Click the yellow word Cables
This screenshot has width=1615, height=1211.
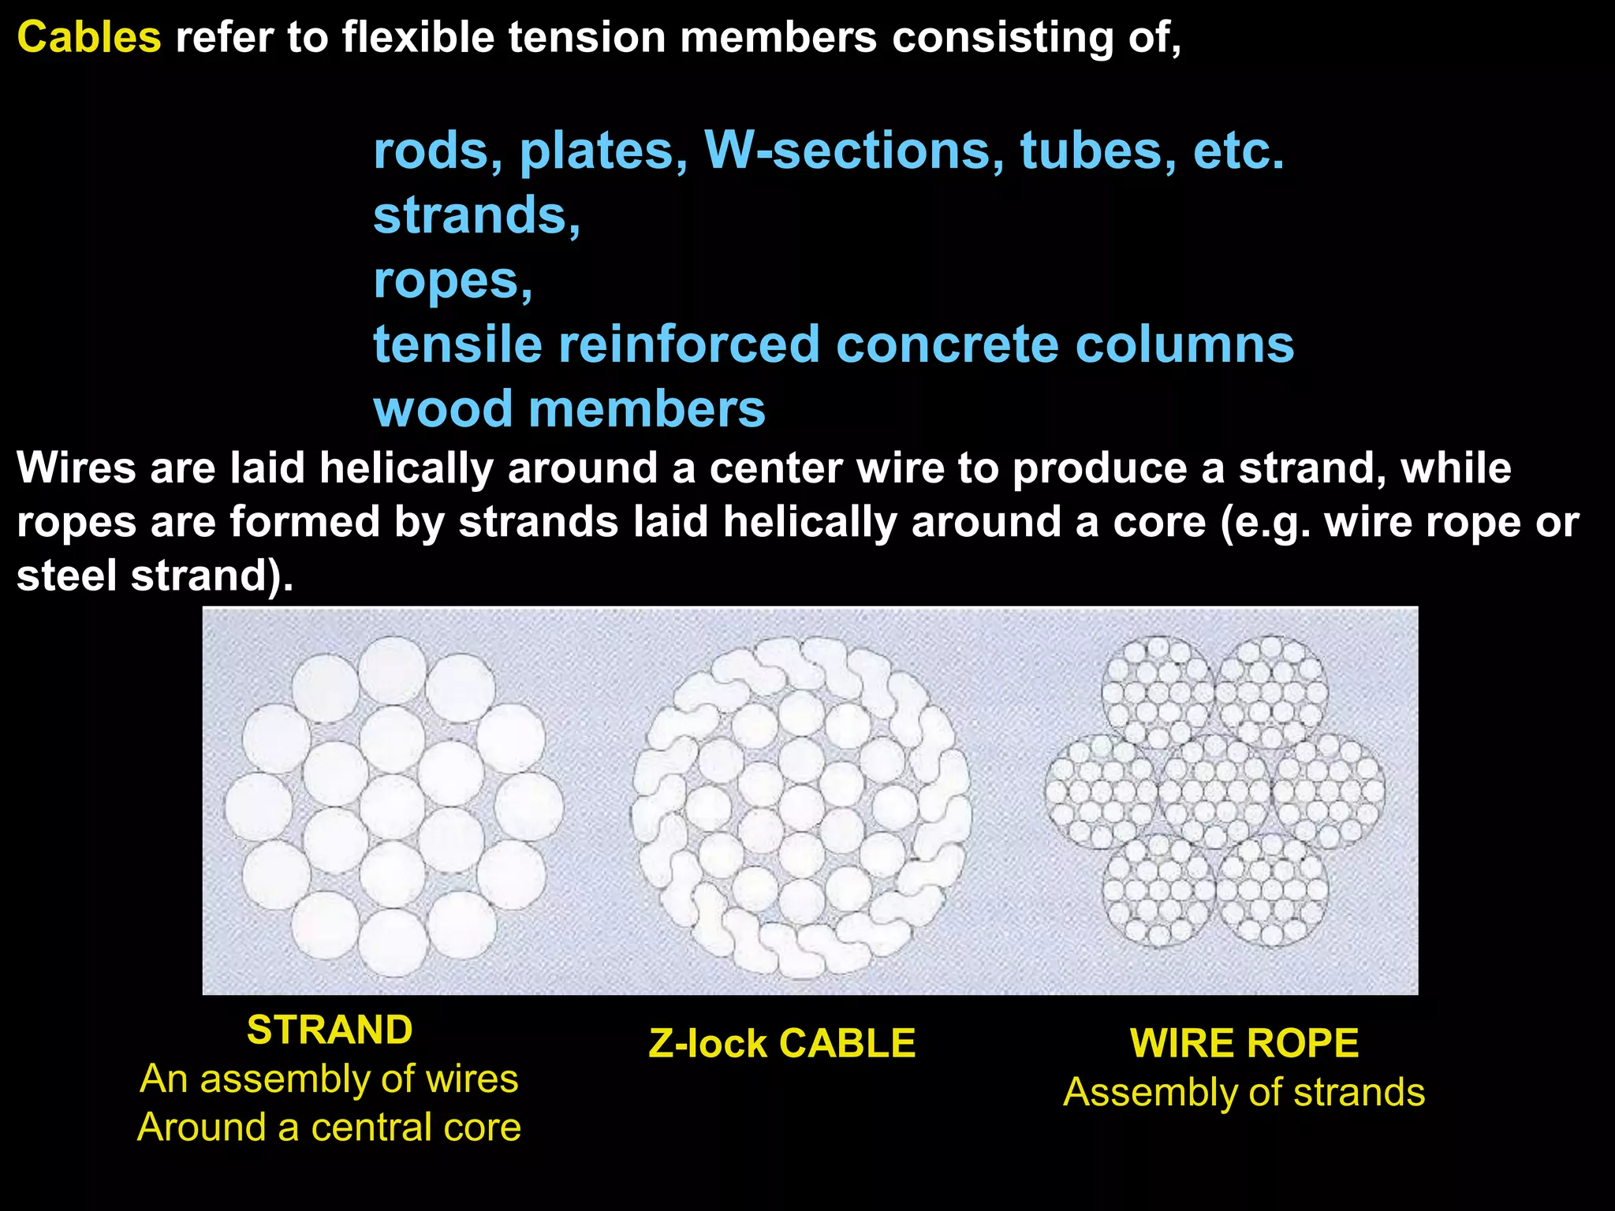coord(89,37)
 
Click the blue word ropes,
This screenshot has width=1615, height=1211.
coord(453,280)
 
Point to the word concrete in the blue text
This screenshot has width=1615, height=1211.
coord(946,345)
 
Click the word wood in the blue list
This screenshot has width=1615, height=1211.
coord(442,409)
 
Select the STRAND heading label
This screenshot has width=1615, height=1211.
coord(330,1030)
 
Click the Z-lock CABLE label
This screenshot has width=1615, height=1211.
coord(781,1043)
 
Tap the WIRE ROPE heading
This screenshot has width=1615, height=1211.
coord(1244,1043)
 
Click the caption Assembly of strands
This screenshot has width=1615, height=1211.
coord(1244,1093)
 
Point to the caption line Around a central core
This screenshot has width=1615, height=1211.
coord(330,1127)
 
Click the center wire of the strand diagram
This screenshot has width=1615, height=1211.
coord(393,806)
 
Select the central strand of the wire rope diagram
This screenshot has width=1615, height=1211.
coord(1215,791)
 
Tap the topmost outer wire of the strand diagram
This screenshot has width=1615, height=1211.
coord(393,670)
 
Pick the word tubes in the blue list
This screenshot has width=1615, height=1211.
coord(1091,150)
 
